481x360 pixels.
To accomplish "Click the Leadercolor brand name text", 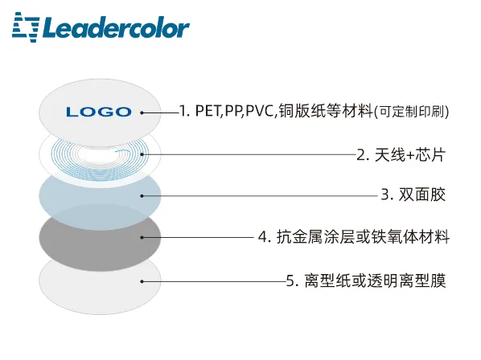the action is pyautogui.click(x=117, y=28).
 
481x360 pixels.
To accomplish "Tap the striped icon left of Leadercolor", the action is pyautogui.click(x=26, y=27).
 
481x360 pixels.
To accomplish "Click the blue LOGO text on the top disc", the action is pyautogui.click(x=99, y=112).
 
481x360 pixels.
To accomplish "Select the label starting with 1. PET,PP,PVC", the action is pyautogui.click(x=314, y=111).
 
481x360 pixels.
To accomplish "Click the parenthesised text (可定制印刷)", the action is pyautogui.click(x=412, y=112).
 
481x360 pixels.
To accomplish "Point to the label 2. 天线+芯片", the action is pyautogui.click(x=401, y=154).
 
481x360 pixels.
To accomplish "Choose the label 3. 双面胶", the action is pyautogui.click(x=413, y=194).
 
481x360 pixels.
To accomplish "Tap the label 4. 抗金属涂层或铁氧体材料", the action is pyautogui.click(x=354, y=237).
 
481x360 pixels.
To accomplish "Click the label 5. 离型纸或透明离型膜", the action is pyautogui.click(x=366, y=280).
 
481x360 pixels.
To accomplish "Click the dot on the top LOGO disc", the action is pyautogui.click(x=142, y=112).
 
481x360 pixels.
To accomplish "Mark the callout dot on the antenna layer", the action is pyautogui.click(x=142, y=154).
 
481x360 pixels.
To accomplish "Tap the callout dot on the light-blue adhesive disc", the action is pyautogui.click(x=142, y=196).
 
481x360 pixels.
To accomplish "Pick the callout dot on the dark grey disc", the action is pyautogui.click(x=142, y=237).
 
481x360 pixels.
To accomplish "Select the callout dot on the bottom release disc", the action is pyautogui.click(x=142, y=281).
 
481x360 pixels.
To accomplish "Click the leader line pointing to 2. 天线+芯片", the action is pyautogui.click(x=249, y=154).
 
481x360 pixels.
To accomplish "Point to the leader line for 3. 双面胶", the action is pyautogui.click(x=260, y=196).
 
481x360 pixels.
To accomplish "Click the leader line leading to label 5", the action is pyautogui.click(x=214, y=281).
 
